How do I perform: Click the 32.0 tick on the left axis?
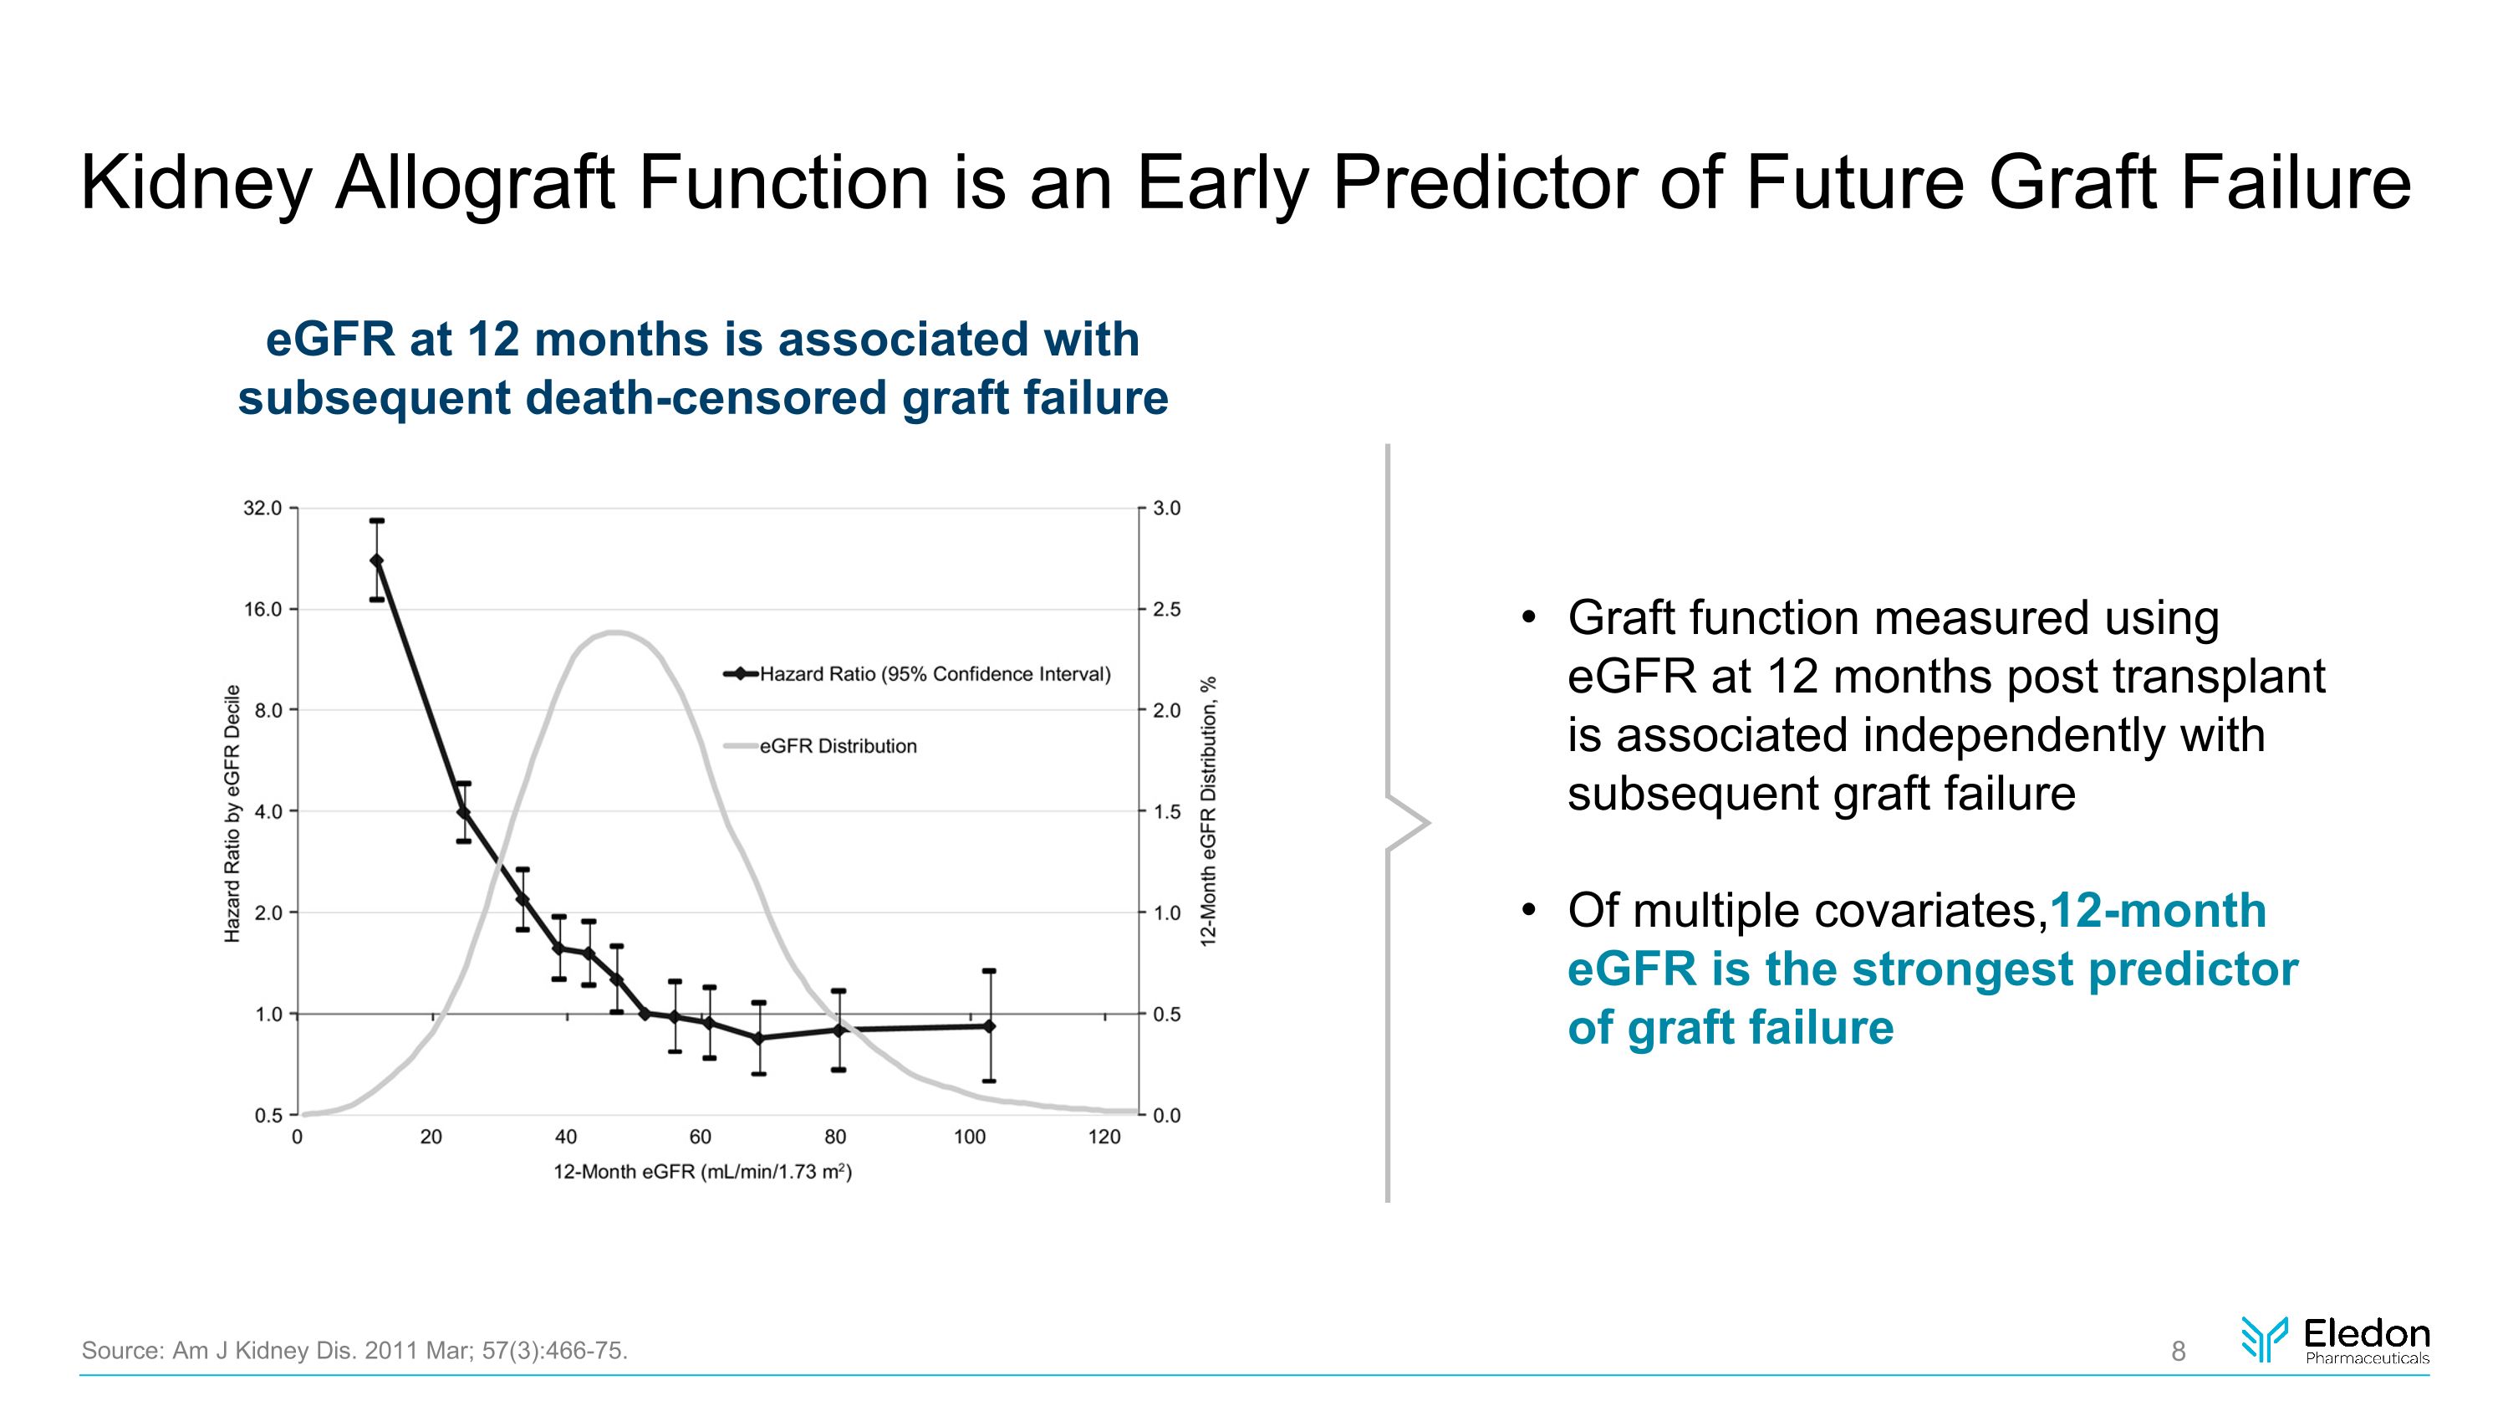point(262,509)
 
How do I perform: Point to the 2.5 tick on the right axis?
point(1166,610)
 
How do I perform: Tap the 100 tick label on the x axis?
point(970,1137)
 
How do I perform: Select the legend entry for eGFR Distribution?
point(838,747)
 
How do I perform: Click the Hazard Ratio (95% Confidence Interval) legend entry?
point(934,674)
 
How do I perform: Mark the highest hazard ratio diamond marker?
point(377,560)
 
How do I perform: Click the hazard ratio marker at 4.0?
point(463,812)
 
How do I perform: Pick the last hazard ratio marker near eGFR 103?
point(990,1026)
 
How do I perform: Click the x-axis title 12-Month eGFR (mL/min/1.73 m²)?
point(702,1173)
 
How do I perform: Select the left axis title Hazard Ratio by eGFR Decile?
point(232,813)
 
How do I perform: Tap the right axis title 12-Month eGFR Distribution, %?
point(1207,811)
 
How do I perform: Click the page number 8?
point(2178,1352)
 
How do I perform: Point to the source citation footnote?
point(354,1351)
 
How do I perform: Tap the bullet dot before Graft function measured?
point(1528,618)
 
